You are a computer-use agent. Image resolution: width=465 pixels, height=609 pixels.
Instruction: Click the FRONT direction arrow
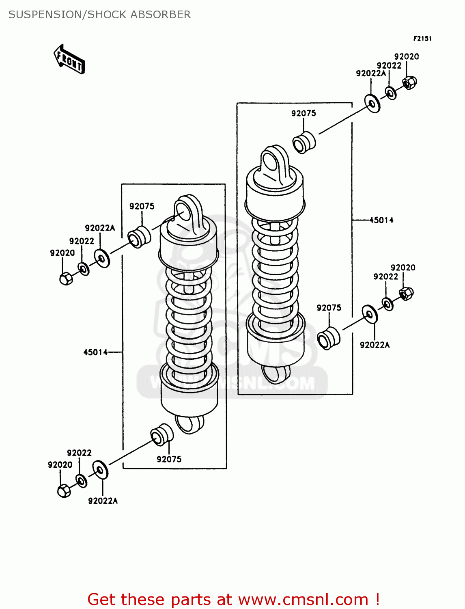pos(69,59)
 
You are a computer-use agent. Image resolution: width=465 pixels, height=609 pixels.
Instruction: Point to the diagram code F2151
pos(422,39)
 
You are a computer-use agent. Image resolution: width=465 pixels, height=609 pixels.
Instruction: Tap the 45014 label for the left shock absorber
pos(95,352)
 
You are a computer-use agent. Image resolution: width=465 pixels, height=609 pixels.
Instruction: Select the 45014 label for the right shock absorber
pos(381,220)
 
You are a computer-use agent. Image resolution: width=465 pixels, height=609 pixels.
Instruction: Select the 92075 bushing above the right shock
pos(304,143)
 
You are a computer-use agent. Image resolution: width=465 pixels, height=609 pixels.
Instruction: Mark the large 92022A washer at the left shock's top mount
pos(102,258)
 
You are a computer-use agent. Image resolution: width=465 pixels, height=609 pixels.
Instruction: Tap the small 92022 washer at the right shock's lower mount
pos(387,304)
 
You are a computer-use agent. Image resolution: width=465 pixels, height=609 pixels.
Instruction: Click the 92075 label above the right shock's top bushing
pos(304,113)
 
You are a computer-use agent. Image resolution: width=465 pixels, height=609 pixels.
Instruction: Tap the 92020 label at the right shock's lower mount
pos(403,268)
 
